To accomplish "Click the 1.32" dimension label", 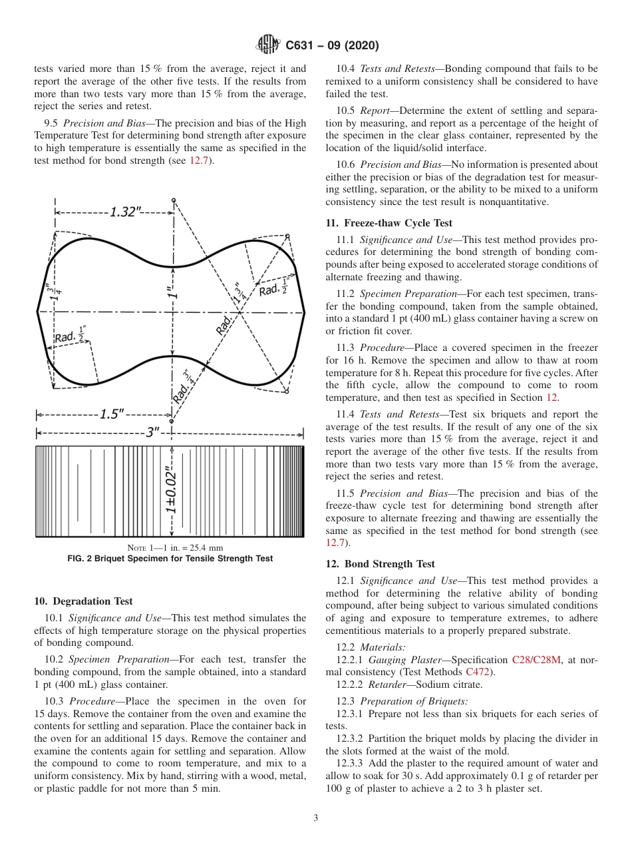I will coord(126,212).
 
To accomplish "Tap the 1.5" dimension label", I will coord(111,414).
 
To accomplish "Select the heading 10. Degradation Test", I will coord(83,601).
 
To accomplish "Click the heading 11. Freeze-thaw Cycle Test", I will coord(389,223).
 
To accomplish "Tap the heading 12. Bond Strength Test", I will coord(380,564).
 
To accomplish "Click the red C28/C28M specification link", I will coord(536,660).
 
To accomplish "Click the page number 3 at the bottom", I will coord(315,818).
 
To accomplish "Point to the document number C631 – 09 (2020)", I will coord(332,45).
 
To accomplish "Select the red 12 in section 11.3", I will coord(551,398).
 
